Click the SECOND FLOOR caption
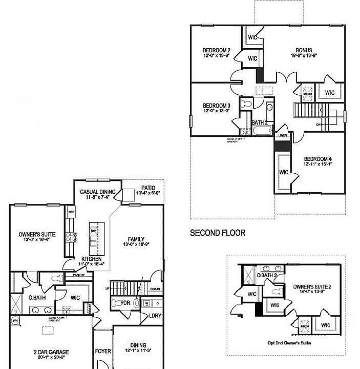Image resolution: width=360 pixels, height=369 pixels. pos(217,233)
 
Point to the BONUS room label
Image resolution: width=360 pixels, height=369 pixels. pos(304,50)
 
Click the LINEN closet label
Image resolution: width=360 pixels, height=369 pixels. pos(282,136)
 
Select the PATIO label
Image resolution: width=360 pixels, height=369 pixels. pos(148,188)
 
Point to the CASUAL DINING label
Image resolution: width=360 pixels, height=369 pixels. pos(97,192)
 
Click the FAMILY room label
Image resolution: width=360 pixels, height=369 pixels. pos(136,239)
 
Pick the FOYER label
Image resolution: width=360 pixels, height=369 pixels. pos(103,352)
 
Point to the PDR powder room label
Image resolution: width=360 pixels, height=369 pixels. pos(125,303)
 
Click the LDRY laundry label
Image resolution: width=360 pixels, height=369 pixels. pos(155,316)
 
